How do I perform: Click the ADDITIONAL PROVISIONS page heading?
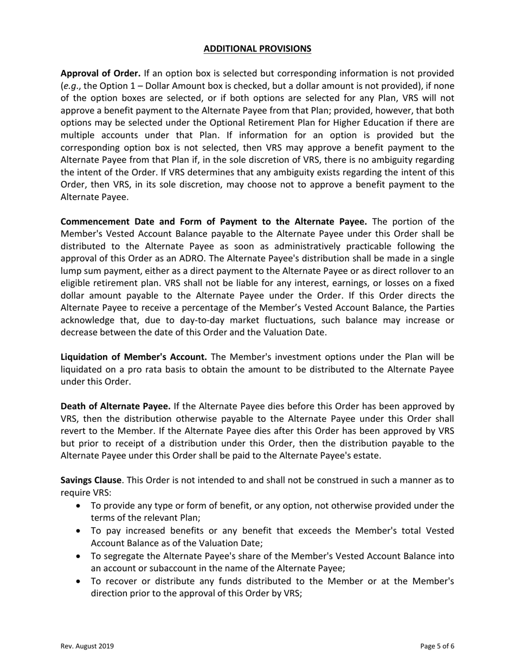point(257,49)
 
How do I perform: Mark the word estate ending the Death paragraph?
point(366,456)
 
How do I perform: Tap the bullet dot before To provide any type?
point(80,506)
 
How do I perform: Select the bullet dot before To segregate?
point(80,556)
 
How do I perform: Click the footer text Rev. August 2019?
point(87,646)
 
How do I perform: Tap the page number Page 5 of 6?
point(437,646)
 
